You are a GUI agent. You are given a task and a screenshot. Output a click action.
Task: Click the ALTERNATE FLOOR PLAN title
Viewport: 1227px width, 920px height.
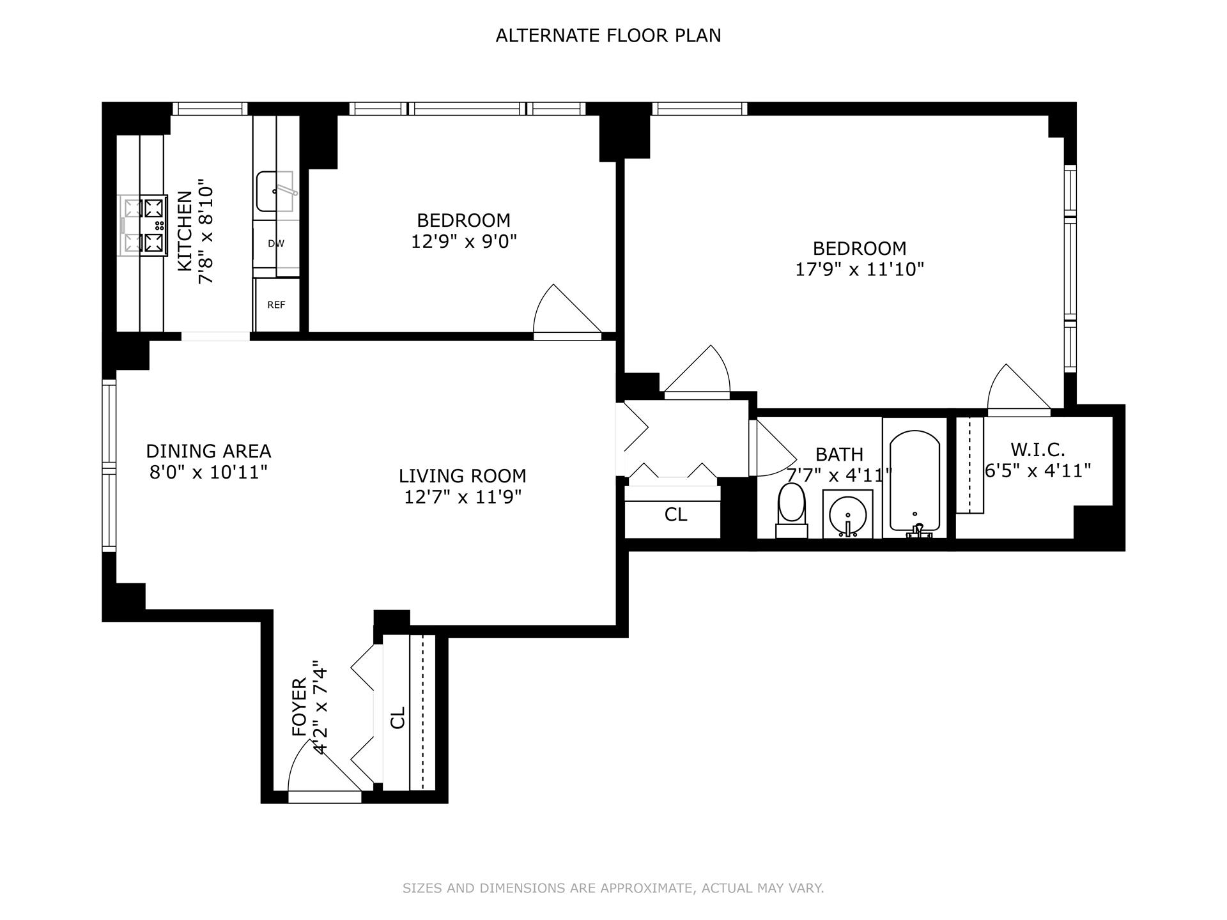click(608, 36)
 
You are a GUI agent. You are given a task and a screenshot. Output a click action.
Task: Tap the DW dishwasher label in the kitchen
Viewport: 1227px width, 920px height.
click(276, 243)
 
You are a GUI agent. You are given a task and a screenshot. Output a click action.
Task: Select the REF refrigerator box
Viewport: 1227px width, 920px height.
click(276, 305)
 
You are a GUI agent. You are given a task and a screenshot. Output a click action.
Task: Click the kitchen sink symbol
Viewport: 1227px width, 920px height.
click(275, 191)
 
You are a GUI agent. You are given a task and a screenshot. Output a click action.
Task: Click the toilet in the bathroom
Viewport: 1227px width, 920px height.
click(792, 509)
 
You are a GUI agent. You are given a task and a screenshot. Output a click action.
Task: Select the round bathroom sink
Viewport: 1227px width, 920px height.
click(847, 514)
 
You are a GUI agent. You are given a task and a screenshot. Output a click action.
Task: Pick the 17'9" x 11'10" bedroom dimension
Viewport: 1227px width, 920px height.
click(860, 270)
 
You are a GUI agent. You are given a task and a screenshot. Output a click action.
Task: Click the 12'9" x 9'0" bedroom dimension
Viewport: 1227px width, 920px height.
click(463, 242)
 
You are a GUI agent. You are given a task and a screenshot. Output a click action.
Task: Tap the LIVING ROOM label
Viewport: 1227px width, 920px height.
click(462, 476)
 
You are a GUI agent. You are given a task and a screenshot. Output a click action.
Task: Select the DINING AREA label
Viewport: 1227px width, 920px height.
click(208, 451)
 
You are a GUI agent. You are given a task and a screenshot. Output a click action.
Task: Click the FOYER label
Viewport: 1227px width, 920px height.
click(300, 707)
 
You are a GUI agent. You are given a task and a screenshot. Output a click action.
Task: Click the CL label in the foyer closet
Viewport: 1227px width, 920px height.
click(397, 717)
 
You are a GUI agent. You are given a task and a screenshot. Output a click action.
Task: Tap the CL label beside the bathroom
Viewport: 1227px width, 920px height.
click(675, 514)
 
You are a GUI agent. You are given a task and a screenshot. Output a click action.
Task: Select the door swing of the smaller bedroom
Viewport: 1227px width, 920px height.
click(562, 312)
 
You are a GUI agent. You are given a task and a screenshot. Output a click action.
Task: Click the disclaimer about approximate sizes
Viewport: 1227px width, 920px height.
click(613, 888)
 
